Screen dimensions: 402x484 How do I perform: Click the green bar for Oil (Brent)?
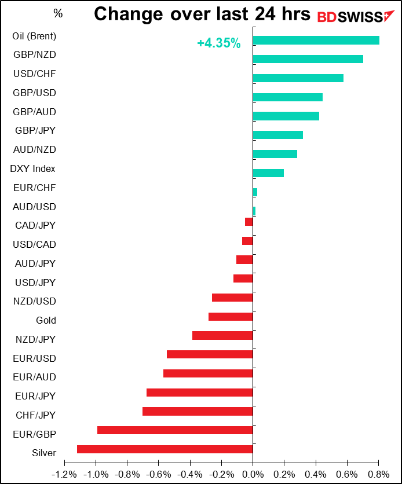(x=316, y=40)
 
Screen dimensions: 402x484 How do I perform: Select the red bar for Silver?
(x=165, y=449)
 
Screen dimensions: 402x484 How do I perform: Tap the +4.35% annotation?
(x=219, y=43)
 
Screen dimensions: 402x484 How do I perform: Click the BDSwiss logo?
(x=356, y=17)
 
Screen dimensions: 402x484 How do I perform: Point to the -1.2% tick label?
(x=64, y=474)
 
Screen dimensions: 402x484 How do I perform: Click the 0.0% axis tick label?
(x=253, y=474)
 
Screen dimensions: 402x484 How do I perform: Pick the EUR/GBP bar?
(x=175, y=430)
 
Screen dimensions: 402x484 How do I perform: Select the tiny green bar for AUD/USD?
(x=254, y=211)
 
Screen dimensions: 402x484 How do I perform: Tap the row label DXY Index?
(x=32, y=169)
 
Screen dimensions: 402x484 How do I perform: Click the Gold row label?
(x=46, y=320)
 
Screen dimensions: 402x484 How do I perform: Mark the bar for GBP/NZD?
(x=308, y=59)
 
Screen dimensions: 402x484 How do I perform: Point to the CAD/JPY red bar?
(x=249, y=222)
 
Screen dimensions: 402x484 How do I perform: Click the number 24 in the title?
(x=265, y=14)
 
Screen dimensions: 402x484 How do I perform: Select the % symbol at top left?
(x=58, y=13)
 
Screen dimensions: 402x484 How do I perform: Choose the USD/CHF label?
(x=35, y=74)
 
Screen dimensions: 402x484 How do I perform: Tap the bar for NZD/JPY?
(x=222, y=336)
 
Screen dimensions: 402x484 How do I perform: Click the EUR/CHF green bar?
(x=255, y=192)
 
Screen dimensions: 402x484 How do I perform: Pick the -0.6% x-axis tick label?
(x=158, y=474)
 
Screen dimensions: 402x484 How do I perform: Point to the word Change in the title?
(x=128, y=15)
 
